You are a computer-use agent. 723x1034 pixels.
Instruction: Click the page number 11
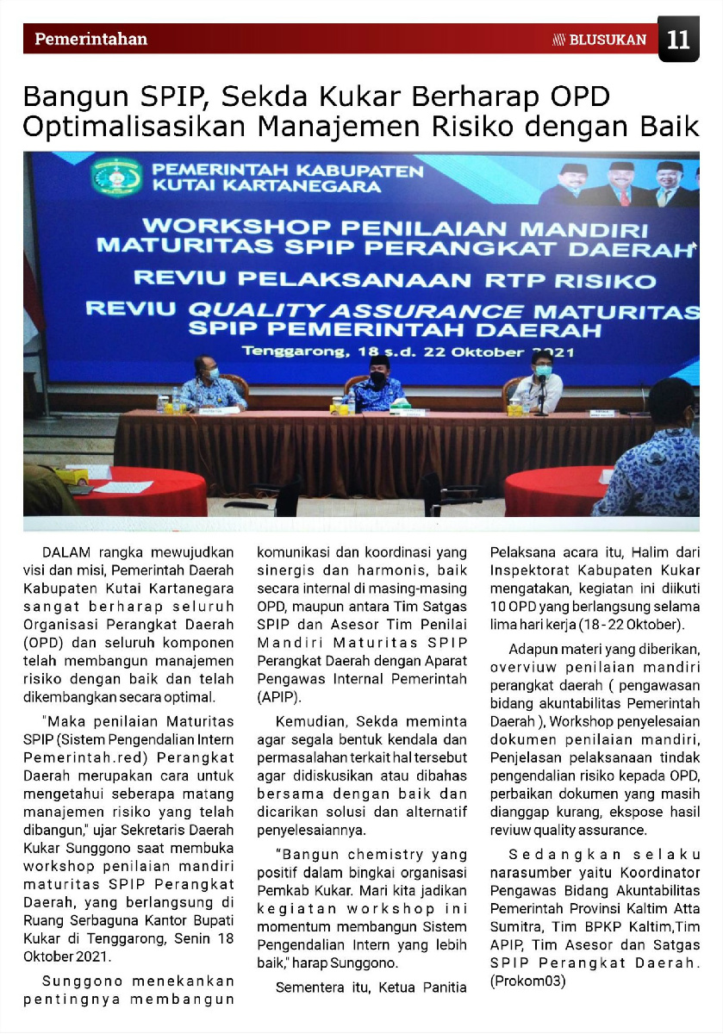click(x=678, y=40)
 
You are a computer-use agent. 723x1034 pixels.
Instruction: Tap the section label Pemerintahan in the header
click(x=90, y=39)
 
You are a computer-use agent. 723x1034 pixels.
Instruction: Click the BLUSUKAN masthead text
click(x=607, y=40)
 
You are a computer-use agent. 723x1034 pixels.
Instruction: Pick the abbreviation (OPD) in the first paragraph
click(x=42, y=643)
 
